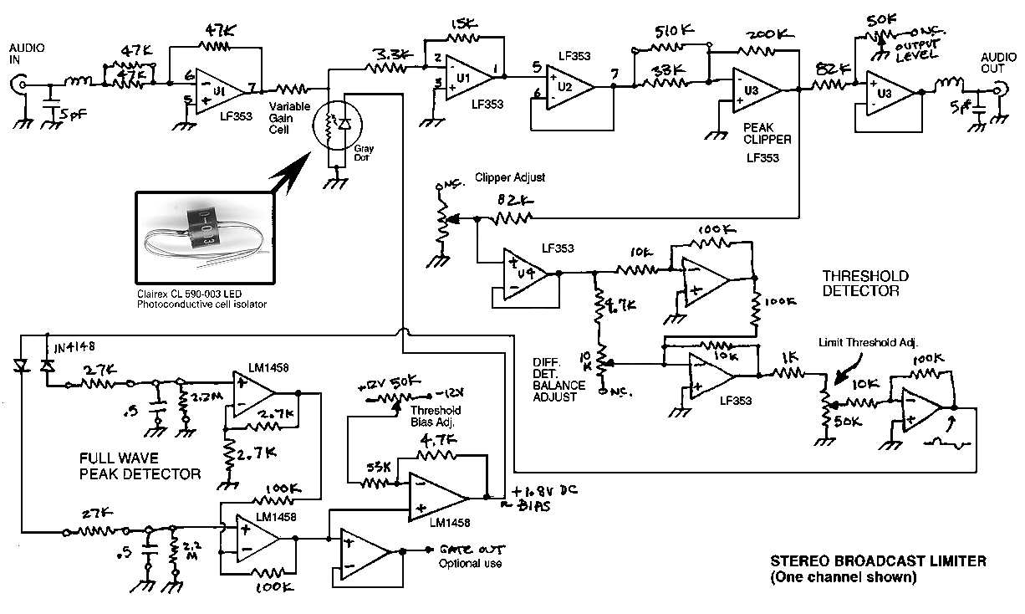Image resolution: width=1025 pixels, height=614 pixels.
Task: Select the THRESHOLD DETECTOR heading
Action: [864, 284]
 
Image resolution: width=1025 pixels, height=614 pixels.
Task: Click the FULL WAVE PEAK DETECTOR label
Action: [140, 466]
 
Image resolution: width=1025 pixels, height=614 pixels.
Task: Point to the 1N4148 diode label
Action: [74, 345]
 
